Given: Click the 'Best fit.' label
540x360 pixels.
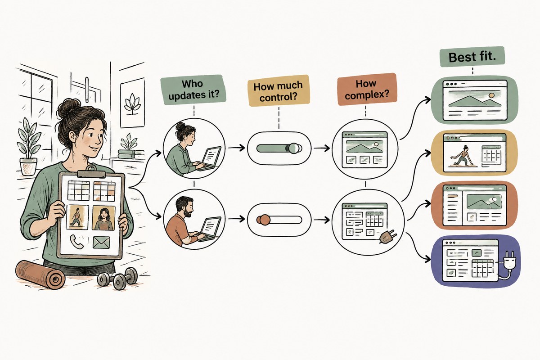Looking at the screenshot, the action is (472, 57).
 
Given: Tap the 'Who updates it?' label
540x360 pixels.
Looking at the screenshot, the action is (194, 90).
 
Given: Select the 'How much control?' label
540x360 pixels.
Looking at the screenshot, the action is (279, 90).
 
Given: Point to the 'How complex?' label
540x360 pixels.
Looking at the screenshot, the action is (367, 90).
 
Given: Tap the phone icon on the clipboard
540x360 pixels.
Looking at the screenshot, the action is (76, 241).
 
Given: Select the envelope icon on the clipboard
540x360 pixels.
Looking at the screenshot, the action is (101, 243).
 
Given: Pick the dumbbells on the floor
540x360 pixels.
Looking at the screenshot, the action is (117, 278).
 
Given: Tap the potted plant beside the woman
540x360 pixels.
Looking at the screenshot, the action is (28, 147).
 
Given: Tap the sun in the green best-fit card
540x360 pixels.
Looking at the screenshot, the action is (491, 95).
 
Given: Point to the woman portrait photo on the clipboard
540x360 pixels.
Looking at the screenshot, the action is (104, 218).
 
